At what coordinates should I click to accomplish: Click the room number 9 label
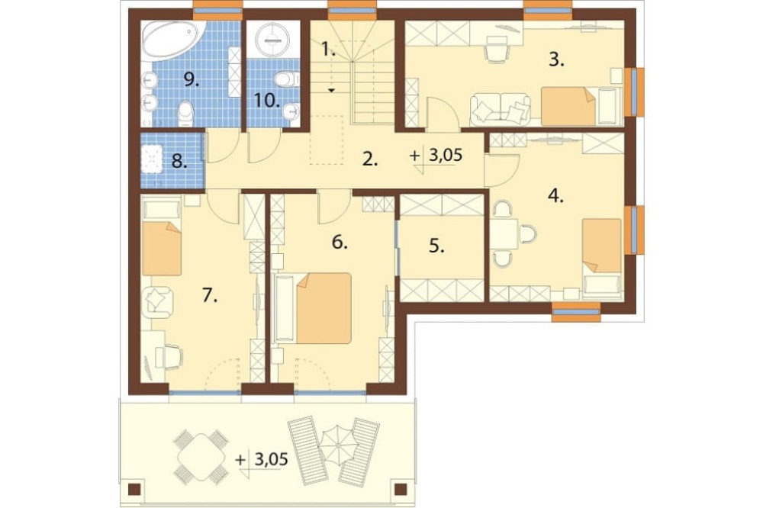192,81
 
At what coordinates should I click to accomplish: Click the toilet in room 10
285,79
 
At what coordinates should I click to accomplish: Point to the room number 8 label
179,161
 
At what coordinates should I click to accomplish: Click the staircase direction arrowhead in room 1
331,91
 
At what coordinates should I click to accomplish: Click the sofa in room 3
501,108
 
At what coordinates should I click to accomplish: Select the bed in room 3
568,106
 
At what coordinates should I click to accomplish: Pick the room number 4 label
555,197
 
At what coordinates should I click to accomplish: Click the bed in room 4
602,246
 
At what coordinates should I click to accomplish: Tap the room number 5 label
436,246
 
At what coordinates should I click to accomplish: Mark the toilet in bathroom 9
186,111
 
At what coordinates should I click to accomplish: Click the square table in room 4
504,233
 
